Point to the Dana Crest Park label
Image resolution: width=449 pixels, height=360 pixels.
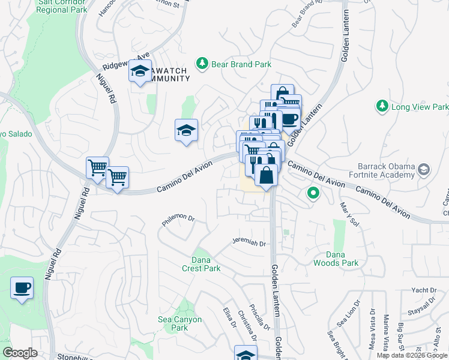[201, 264]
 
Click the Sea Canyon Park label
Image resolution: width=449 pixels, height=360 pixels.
[179, 324]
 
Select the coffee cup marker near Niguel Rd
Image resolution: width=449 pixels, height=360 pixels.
[22, 289]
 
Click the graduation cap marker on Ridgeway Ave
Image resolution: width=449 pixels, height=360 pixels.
[140, 72]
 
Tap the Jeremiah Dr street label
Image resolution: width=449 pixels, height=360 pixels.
[249, 242]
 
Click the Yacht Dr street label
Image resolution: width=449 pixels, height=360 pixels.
[424, 290]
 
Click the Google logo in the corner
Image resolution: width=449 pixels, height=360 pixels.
[20, 353]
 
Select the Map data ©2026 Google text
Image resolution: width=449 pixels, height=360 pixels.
[412, 355]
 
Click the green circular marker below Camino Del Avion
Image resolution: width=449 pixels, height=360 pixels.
[312, 193]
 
